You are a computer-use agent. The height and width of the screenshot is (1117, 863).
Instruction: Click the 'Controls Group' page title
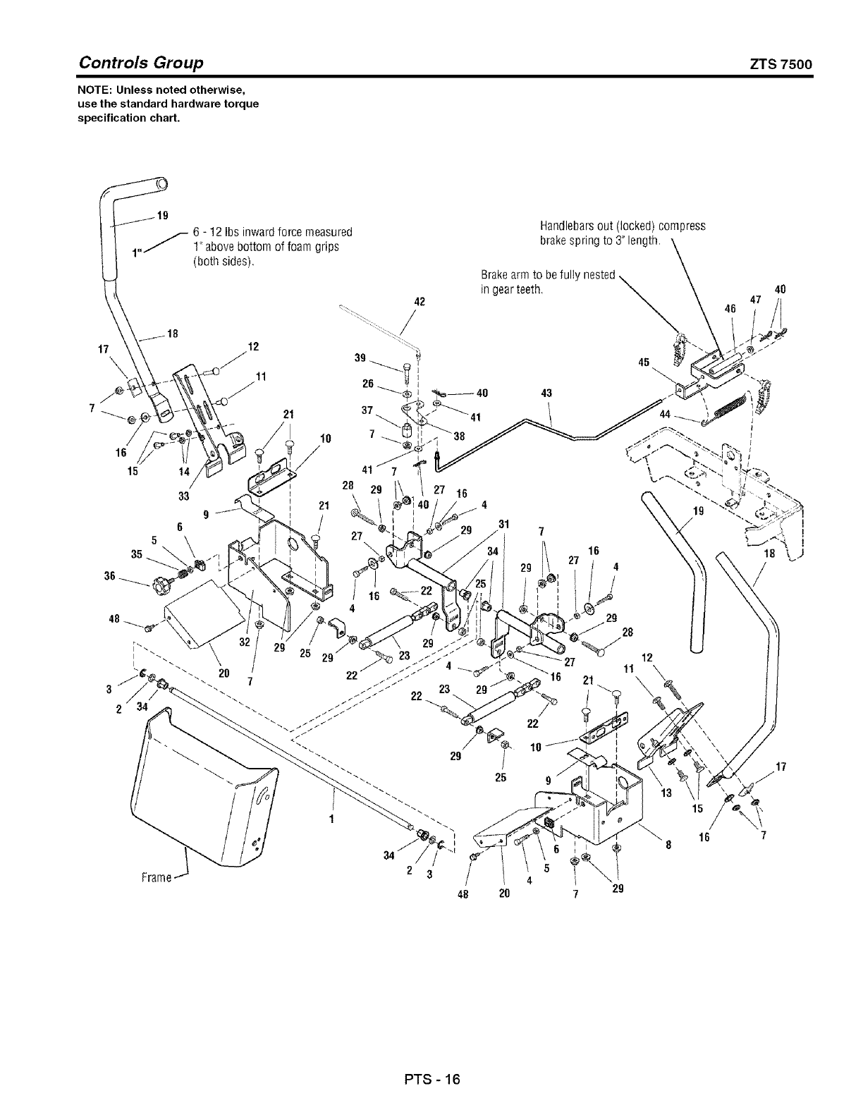click(x=141, y=63)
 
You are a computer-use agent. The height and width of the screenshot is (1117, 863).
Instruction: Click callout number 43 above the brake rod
click(x=546, y=393)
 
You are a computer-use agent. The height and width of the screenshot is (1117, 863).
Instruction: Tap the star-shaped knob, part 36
click(x=160, y=584)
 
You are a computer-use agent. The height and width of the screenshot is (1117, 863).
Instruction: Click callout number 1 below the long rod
click(x=331, y=819)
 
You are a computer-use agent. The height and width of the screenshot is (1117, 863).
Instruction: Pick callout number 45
click(x=643, y=362)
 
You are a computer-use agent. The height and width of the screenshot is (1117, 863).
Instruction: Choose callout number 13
click(x=664, y=793)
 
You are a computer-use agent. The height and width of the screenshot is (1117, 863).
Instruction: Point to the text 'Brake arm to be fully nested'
click(x=548, y=274)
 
